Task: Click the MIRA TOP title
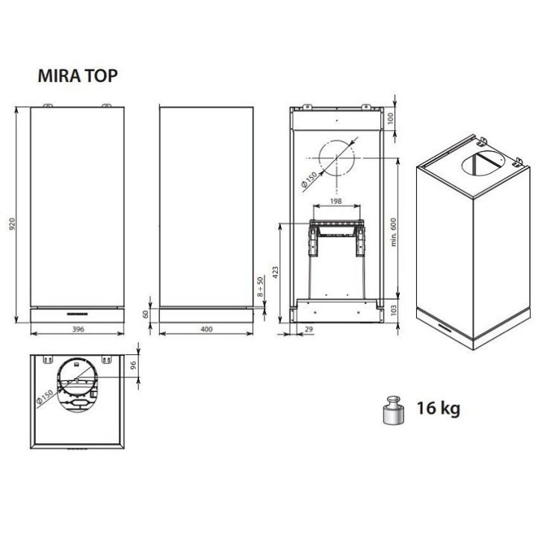78,75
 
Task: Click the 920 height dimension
13,223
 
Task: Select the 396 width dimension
78,329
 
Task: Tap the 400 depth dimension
206,329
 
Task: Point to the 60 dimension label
146,314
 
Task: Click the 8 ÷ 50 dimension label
261,286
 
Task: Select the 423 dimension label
275,272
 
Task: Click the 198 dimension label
336,201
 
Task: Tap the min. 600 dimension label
393,232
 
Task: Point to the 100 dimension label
390,118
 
